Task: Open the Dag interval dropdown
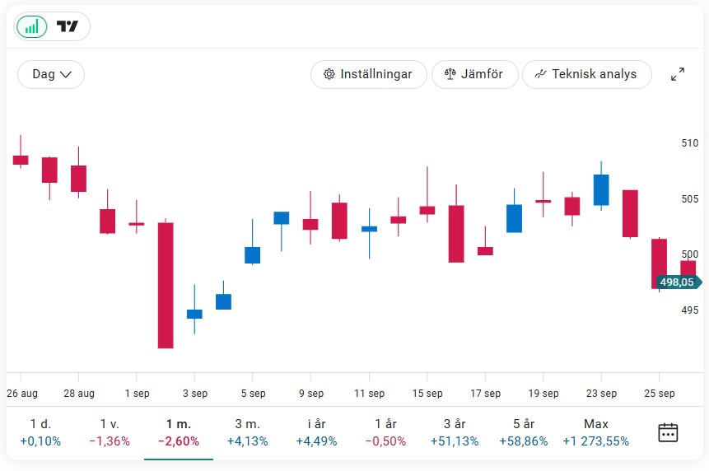coord(51,74)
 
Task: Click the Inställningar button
coord(368,74)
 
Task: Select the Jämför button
coord(473,74)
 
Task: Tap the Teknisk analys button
coord(585,74)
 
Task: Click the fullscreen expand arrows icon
coord(678,74)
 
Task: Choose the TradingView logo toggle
coord(68,26)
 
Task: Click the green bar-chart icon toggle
coord(31,26)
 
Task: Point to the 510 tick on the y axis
coord(689,143)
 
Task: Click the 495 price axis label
coord(689,310)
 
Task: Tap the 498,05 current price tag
coord(678,282)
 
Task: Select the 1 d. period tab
coord(40,432)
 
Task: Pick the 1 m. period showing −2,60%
coord(179,432)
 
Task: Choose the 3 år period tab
coord(455,432)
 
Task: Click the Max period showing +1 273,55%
coord(596,432)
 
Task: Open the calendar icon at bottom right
coord(668,432)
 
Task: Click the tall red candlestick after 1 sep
coord(166,285)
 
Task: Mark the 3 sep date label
coord(195,394)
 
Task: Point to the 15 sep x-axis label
coord(427,394)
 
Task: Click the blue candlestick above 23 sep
coord(601,189)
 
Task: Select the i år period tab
coord(316,432)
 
